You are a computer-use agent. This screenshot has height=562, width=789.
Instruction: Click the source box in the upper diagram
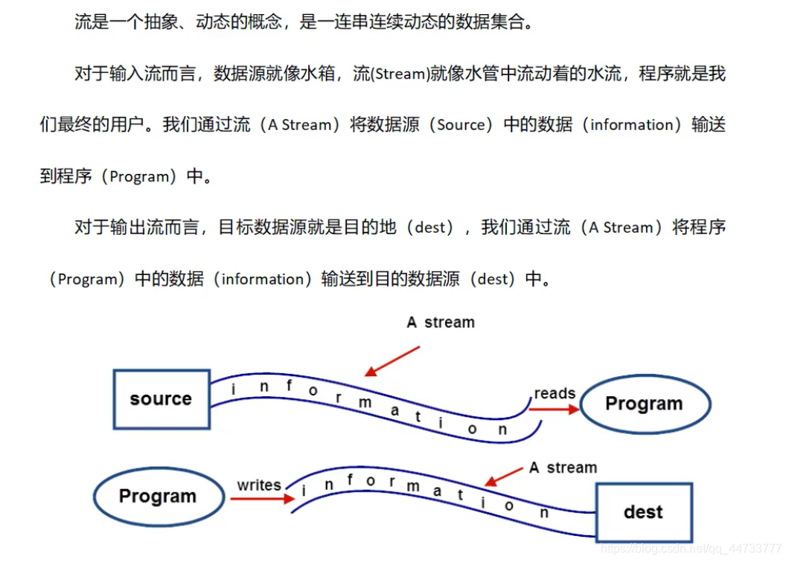[162, 399]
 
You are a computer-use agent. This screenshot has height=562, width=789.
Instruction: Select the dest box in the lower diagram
[643, 511]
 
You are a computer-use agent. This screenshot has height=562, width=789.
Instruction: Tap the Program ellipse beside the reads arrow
[645, 404]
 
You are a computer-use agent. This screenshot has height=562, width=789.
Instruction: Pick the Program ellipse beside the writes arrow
[158, 497]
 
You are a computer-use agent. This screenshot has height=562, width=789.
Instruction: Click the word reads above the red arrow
[555, 393]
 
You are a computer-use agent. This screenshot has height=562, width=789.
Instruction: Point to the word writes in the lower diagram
[259, 485]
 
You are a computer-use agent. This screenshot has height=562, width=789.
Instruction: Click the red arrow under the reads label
[553, 409]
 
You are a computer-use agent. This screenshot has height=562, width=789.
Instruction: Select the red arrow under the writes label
[262, 498]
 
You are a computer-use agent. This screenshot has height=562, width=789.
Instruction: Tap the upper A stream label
[441, 323]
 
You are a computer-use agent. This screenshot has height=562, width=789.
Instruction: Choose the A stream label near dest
[563, 468]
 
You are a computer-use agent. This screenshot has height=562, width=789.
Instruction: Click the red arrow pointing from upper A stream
[392, 361]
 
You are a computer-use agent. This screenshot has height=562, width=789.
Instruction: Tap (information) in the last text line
[266, 280]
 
